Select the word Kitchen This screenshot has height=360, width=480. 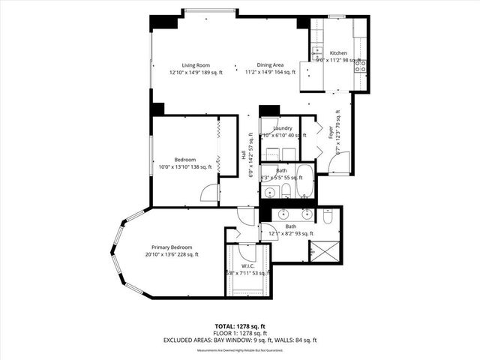coord(339,53)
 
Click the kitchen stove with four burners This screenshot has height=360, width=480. coord(360,64)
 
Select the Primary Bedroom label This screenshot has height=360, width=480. coord(172,247)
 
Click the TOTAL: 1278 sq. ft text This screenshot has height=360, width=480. coord(240,326)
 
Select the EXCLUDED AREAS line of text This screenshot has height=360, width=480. coord(240,340)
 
